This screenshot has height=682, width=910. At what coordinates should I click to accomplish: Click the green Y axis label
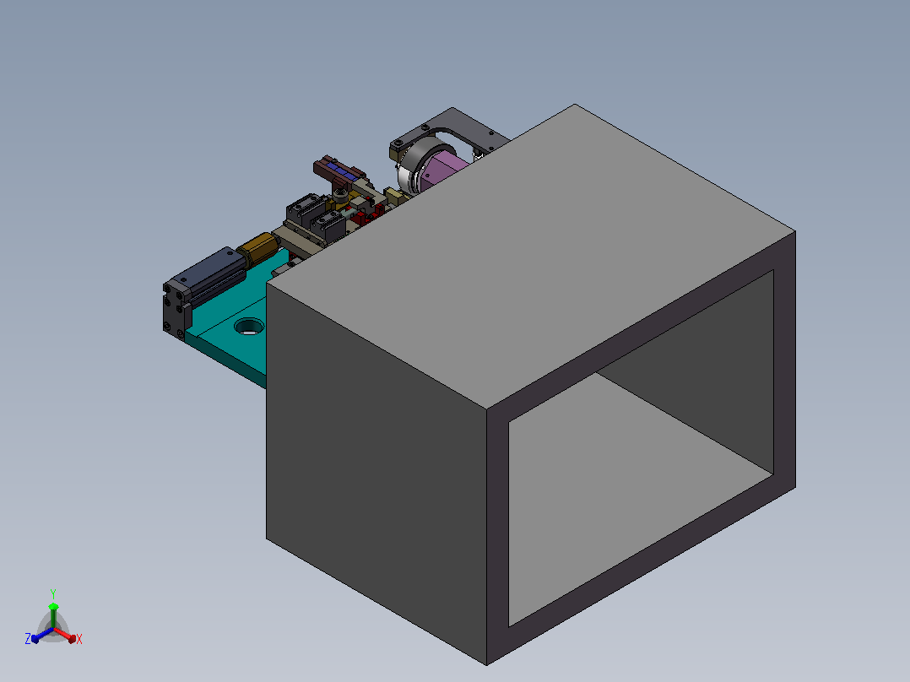point(53,593)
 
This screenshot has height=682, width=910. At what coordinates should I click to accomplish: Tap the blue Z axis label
point(27,638)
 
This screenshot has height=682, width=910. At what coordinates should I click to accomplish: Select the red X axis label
point(79,639)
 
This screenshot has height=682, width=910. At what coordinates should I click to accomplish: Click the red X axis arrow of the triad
point(65,635)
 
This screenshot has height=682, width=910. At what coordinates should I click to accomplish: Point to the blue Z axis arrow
point(42,635)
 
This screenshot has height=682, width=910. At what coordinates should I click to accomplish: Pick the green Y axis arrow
point(53,615)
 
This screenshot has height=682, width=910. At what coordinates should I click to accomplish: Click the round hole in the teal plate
point(249,326)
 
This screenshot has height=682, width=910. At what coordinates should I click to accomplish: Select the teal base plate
point(232,325)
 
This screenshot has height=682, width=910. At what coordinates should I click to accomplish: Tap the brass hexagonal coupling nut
point(258,248)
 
